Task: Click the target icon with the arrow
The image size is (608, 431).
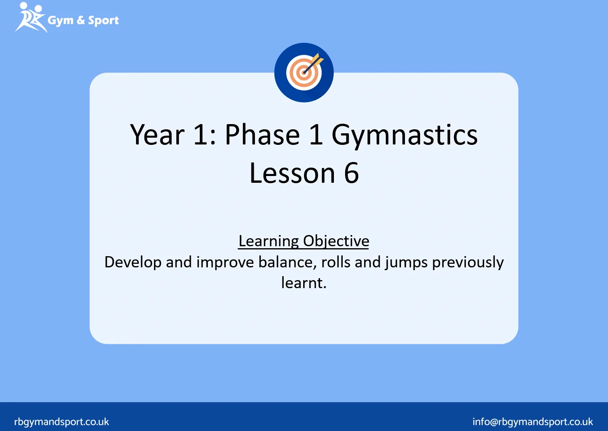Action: [304, 73]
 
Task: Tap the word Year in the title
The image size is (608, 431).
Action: [157, 135]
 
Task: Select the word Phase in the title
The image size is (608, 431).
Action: [262, 135]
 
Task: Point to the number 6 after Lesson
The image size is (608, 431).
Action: [351, 173]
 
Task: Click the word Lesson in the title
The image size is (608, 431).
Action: [292, 173]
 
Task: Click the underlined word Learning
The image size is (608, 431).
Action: [268, 241]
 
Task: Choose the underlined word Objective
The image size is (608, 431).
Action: [336, 241]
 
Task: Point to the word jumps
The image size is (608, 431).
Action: [406, 263]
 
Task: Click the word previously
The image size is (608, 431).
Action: [468, 263]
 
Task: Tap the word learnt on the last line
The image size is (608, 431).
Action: [303, 283]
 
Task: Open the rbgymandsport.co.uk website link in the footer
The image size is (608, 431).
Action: [61, 422]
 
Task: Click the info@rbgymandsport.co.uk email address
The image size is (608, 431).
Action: [532, 422]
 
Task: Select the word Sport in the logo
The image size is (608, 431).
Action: [103, 20]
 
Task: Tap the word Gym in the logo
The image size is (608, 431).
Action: [60, 20]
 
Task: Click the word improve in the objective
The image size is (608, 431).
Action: [225, 263]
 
